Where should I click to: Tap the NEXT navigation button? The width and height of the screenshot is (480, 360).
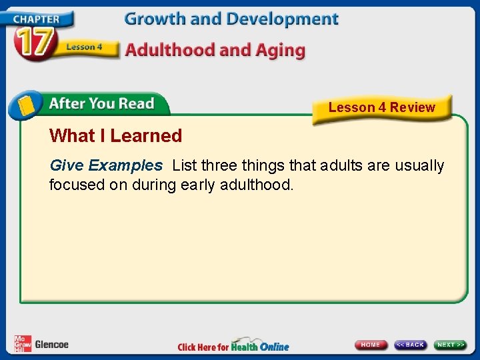click(451, 345)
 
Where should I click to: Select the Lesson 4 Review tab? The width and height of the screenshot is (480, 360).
click(381, 107)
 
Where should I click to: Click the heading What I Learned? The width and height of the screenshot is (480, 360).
click(115, 136)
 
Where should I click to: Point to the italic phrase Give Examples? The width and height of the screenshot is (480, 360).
click(106, 165)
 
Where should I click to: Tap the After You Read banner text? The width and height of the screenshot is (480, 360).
click(101, 104)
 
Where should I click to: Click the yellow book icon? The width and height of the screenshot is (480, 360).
click(25, 105)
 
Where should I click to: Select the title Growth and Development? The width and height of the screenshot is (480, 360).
click(231, 19)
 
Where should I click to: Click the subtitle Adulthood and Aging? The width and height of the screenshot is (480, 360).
click(215, 50)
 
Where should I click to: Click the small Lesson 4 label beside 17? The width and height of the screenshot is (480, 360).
click(84, 47)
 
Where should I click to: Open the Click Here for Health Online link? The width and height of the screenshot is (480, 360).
click(233, 346)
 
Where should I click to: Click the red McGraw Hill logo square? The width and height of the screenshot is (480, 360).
click(22, 343)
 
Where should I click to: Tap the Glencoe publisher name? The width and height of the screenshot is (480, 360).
click(51, 345)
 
